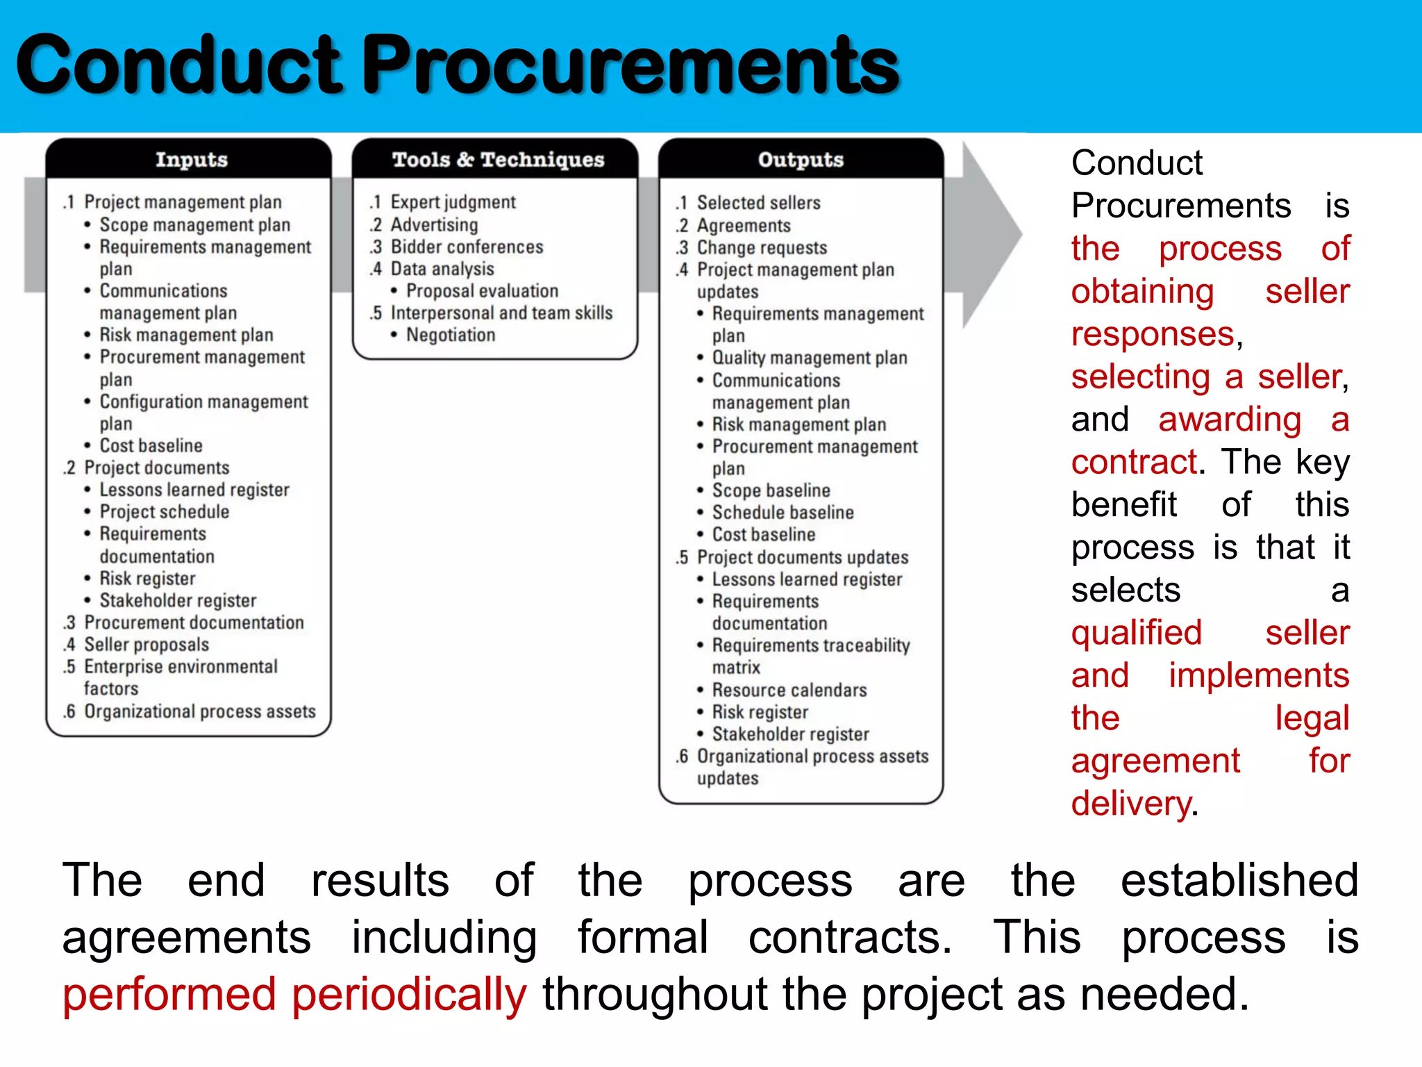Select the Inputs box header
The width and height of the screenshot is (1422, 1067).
click(191, 160)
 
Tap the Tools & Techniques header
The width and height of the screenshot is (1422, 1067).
click(498, 160)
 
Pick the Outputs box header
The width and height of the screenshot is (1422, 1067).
click(801, 160)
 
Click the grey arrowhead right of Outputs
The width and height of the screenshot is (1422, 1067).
click(989, 235)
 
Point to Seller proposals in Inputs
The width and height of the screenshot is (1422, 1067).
click(146, 645)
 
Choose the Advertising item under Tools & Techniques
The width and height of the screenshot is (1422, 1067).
click(434, 225)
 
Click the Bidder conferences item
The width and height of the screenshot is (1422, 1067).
click(467, 247)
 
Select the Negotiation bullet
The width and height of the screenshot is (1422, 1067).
click(451, 335)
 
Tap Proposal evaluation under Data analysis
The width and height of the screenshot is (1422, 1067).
click(482, 291)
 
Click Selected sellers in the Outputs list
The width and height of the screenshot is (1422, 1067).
click(758, 203)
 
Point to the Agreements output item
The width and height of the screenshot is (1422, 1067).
click(744, 226)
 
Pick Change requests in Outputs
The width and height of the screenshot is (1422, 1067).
click(762, 248)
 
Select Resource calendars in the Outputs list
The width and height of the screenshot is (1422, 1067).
click(789, 690)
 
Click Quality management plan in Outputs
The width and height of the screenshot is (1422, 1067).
click(810, 358)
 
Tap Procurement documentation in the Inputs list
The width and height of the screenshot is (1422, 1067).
click(194, 622)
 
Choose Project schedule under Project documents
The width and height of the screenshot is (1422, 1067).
click(164, 512)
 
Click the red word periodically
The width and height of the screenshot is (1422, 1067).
click(409, 994)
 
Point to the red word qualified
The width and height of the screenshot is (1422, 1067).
click(1136, 633)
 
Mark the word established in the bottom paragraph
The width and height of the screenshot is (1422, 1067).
click(1239, 880)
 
